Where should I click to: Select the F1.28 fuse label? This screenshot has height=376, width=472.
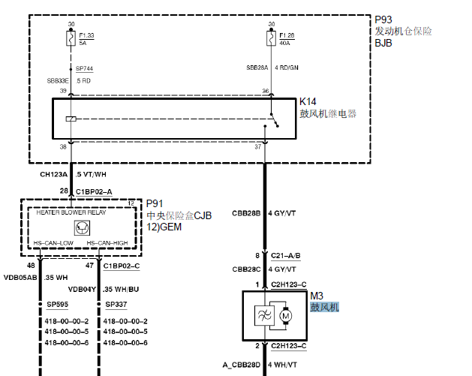click(287, 35)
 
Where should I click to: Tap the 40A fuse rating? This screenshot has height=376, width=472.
click(284, 44)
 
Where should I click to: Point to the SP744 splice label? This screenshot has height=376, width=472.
click(83, 68)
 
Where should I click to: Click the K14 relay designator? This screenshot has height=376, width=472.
click(308, 101)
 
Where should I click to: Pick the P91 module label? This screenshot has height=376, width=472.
click(155, 203)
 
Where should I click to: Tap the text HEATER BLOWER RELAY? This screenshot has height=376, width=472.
click(72, 213)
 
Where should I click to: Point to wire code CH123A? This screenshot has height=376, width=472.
click(53, 174)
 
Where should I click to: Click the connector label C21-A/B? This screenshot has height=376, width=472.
click(286, 256)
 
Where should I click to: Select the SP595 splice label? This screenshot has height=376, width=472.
click(56, 305)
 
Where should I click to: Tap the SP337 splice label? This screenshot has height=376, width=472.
click(116, 305)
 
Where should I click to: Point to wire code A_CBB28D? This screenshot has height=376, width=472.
click(241, 365)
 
